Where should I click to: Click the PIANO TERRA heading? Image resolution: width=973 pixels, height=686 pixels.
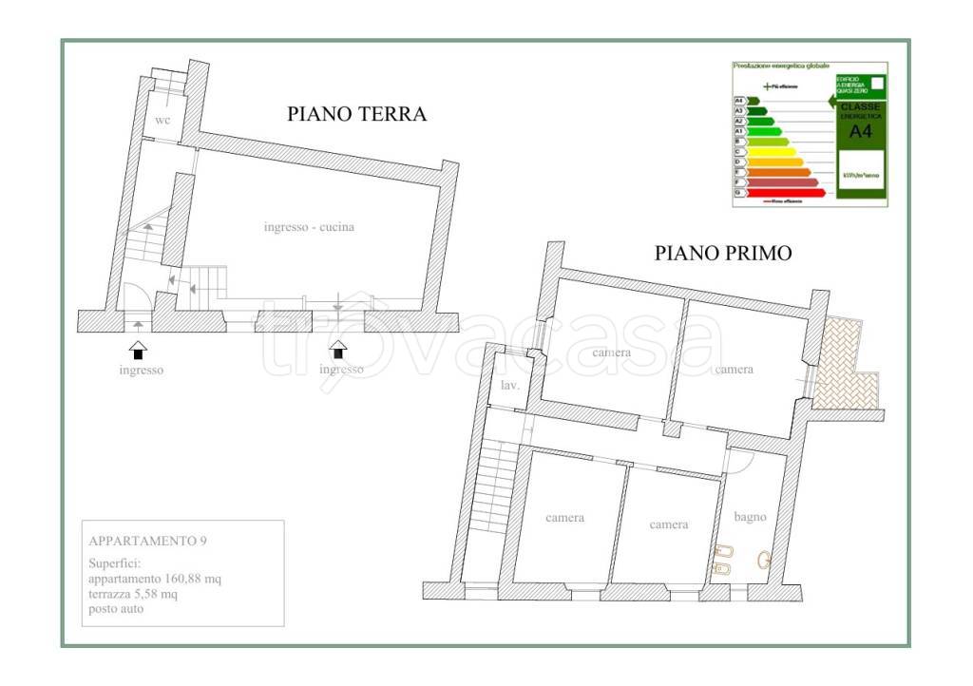pyautogui.click(x=356, y=114)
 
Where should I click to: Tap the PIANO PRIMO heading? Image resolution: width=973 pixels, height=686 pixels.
pyautogui.click(x=723, y=253)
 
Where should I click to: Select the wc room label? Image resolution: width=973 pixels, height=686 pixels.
pyautogui.click(x=162, y=122)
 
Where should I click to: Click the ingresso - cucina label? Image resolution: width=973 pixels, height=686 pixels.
pyautogui.click(x=309, y=227)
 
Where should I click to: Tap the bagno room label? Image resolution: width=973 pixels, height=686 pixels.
pyautogui.click(x=750, y=517)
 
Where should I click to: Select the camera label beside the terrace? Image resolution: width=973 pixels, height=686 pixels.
pyautogui.click(x=735, y=369)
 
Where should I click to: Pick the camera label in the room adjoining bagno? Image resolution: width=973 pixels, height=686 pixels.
pyautogui.click(x=669, y=524)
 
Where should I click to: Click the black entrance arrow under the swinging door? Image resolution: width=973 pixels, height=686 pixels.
pyautogui.click(x=138, y=349)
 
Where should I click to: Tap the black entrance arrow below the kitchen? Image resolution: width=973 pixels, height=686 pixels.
pyautogui.click(x=339, y=349)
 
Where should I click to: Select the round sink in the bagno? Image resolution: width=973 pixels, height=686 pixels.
pyautogui.click(x=763, y=560)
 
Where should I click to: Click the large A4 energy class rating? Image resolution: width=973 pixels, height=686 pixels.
pyautogui.click(x=860, y=132)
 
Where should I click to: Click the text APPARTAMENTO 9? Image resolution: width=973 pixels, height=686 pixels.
pyautogui.click(x=147, y=542)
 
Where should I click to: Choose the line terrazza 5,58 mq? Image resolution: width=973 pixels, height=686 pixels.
pyautogui.click(x=132, y=594)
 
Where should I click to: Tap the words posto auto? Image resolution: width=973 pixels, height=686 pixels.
pyautogui.click(x=116, y=608)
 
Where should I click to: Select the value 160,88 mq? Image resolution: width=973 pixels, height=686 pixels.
pyautogui.click(x=195, y=579)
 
